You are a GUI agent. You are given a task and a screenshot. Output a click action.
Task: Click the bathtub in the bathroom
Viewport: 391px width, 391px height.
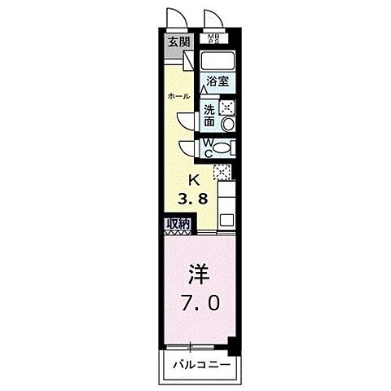coord(217,61)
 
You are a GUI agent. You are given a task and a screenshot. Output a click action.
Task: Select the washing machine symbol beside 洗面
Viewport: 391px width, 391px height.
coord(227,107)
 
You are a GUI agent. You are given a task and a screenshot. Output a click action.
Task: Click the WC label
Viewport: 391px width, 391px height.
coord(209,149)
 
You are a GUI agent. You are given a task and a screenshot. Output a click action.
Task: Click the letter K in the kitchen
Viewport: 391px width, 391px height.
coord(194,180)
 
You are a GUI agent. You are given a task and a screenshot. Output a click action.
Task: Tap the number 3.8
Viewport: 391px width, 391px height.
coord(194,198)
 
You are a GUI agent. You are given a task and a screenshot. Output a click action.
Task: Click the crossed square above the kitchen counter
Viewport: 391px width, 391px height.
coord(220,171)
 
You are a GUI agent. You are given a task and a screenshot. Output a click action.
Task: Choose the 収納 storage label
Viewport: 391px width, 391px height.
coord(178,223)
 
